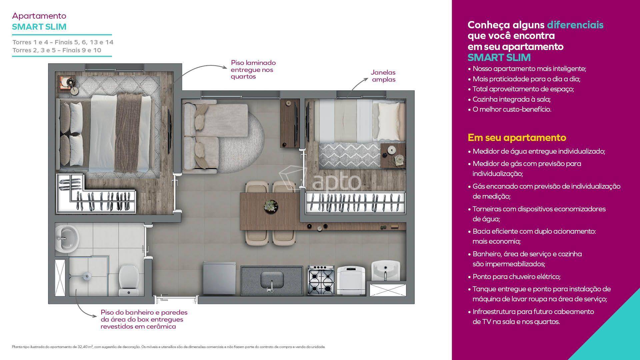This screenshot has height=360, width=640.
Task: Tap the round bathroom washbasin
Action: point(66,238)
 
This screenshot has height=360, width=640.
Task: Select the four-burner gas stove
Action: point(321,280)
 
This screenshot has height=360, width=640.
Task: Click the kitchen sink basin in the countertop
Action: point(272,280)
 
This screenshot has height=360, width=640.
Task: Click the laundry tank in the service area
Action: point(386,271)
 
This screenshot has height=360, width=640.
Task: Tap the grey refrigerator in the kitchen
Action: point(219,278)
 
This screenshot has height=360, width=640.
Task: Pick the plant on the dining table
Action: point(271,205)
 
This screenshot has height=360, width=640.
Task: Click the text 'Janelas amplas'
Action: point(383,76)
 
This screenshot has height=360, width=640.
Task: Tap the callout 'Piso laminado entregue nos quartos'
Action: point(253,70)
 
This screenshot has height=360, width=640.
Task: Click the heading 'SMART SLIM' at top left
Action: point(39,27)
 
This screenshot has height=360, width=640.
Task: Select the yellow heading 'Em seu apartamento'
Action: point(517,137)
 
